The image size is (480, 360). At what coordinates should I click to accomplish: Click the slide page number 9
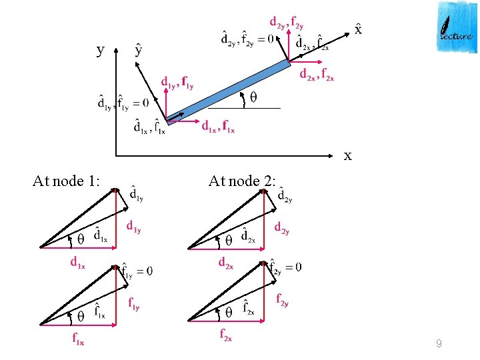click(438, 344)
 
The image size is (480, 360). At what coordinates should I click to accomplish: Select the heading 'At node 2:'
click(241, 181)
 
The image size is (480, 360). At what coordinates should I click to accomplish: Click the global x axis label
click(347, 156)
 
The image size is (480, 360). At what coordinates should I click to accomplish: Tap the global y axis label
click(100, 50)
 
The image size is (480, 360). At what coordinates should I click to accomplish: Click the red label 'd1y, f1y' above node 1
click(177, 83)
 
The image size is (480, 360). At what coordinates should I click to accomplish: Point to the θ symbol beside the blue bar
click(253, 98)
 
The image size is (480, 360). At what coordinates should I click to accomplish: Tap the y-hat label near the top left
click(138, 49)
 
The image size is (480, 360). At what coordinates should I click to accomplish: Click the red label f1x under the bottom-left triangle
click(78, 339)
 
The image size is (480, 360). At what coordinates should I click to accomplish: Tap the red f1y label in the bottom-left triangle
click(134, 303)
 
